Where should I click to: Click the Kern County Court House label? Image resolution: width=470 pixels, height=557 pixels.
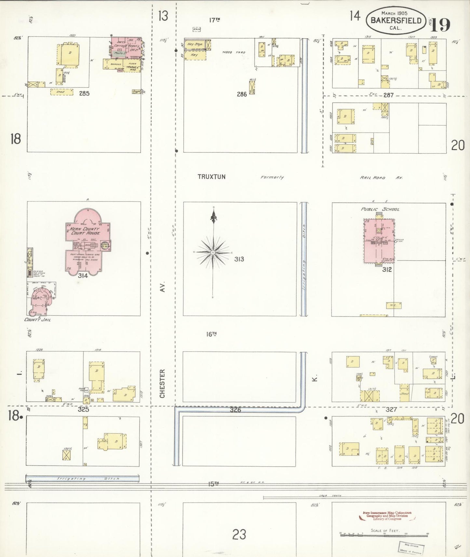coord(85,231)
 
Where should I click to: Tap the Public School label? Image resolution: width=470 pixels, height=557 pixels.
coord(380,209)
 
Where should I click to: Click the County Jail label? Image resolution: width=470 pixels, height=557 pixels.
coord(37,319)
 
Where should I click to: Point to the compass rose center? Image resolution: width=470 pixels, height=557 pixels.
coord(213,253)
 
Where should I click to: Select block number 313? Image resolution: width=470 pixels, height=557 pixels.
coord(239,259)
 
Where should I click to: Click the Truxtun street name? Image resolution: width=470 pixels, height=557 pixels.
coord(211,177)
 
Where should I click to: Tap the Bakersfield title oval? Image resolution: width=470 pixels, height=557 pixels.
coord(396,20)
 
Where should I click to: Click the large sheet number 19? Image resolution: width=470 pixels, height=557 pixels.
coord(441,25)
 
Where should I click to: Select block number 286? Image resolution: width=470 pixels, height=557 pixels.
coord(242,94)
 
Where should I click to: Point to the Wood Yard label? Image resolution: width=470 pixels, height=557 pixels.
coord(234,52)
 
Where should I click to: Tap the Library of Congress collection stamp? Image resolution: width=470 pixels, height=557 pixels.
coord(387,516)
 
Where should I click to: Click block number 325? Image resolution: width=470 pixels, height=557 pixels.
coord(83,409)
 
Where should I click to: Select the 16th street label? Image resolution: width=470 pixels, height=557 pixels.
coord(211,334)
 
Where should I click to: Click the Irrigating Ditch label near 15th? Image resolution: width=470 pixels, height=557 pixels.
coord(88,478)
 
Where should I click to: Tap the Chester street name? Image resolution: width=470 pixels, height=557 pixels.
coord(162,383)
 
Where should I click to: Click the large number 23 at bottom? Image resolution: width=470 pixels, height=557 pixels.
coord(239,534)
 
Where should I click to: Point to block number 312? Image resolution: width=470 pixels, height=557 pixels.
coord(387,269)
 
